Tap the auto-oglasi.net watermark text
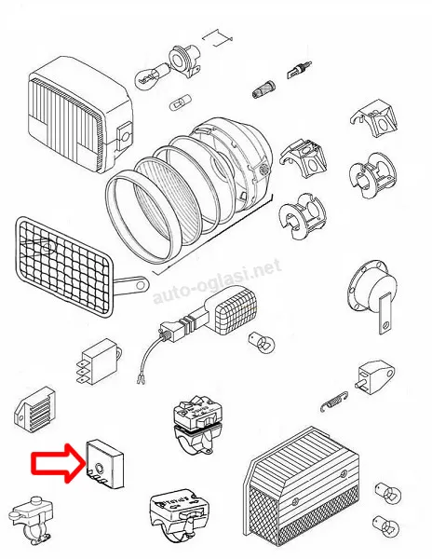pyautogui.click(x=217, y=281)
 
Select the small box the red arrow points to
pyautogui.click(x=104, y=463)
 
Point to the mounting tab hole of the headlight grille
pyautogui.click(x=141, y=285)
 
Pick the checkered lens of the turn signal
pyautogui.click(x=237, y=309)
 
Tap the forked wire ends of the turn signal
pyautogui.click(x=141, y=380)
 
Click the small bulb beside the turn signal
pyautogui.click(x=263, y=342)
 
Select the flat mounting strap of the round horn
pyautogui.click(x=385, y=313)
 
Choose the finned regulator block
pyautogui.click(x=34, y=409)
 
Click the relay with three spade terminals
pyautogui.click(x=99, y=361)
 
